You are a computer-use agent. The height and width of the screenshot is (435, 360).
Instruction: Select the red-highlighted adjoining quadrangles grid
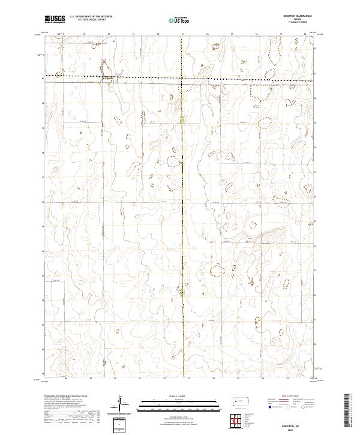coord(238,422)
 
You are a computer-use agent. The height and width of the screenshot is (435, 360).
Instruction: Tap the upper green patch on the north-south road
coord(182,121)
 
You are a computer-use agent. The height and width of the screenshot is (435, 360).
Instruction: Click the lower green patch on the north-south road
coord(182,291)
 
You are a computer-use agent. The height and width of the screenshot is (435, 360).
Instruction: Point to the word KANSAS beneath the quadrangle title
coord(293,20)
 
